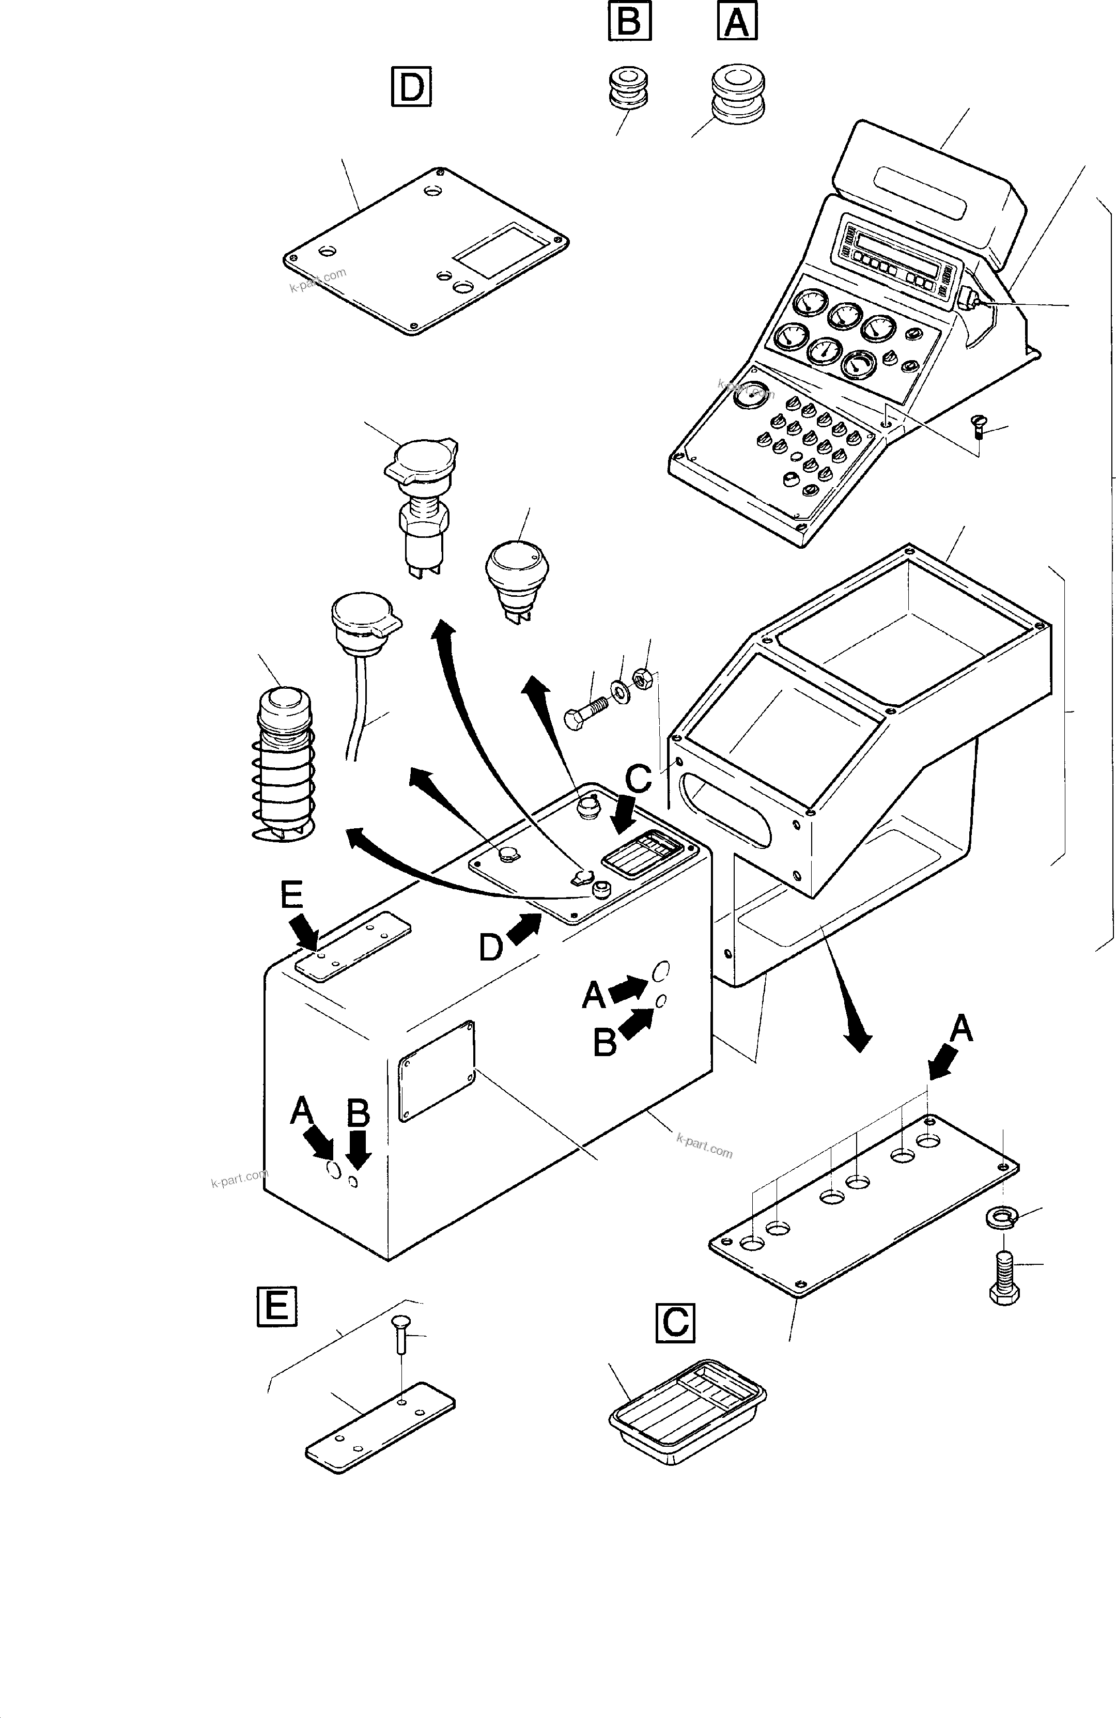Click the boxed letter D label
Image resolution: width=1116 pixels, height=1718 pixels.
pos(411,87)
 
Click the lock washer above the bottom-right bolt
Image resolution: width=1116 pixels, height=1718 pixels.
pos(1000,1216)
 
